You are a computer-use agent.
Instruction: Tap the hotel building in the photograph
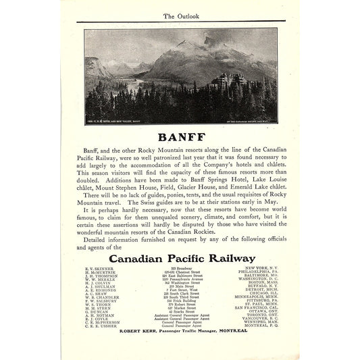click(236, 85)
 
